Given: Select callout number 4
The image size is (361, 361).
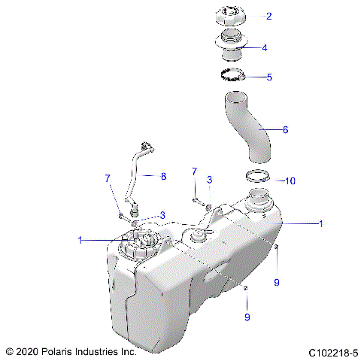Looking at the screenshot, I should point(264,47).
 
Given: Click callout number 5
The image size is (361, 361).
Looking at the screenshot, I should point(269,77).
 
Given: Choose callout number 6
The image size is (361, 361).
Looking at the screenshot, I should point(285,129).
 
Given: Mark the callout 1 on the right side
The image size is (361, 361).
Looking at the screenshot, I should point(322,223).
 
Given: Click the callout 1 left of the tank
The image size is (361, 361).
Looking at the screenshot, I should point(80,240).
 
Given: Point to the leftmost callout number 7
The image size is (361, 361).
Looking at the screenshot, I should point(108,177).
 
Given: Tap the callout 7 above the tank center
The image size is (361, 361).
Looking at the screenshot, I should point(194,171).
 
